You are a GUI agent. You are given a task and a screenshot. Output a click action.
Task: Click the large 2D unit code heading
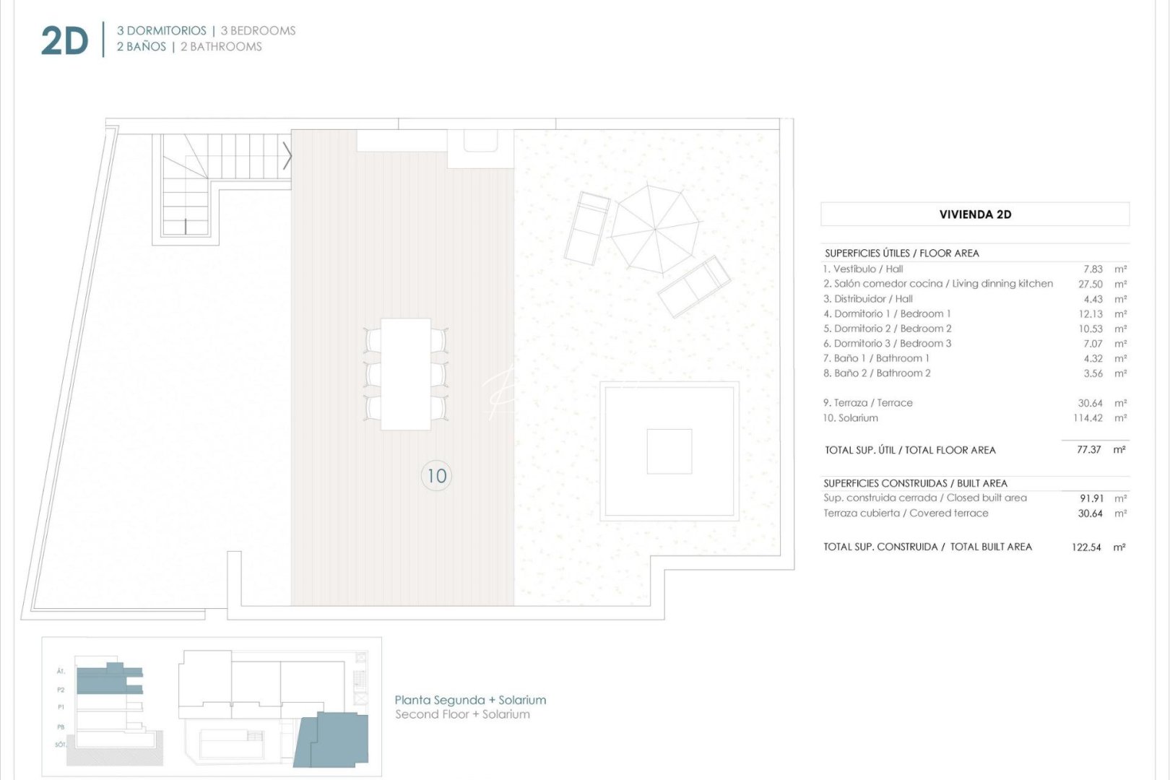[x=64, y=40]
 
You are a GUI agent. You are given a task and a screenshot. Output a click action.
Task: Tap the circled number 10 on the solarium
[x=436, y=476]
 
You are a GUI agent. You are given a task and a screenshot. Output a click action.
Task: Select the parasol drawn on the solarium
[x=655, y=229]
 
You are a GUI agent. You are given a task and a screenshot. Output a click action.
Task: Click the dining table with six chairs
[x=406, y=374]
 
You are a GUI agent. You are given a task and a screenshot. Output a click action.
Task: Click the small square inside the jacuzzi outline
[x=669, y=451]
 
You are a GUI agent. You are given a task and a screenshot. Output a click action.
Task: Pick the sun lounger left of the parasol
[x=586, y=228]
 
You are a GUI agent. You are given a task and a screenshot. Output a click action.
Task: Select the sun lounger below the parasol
[x=694, y=287]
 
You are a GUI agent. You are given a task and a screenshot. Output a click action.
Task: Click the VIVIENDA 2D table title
[x=975, y=214]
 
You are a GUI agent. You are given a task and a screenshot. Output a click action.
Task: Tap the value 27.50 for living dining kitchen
[x=1090, y=284]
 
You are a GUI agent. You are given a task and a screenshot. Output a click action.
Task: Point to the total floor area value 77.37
[x=1088, y=449]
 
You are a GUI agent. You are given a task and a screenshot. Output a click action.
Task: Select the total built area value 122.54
[x=1086, y=547]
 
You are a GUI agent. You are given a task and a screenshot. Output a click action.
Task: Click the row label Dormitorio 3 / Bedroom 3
[x=888, y=344]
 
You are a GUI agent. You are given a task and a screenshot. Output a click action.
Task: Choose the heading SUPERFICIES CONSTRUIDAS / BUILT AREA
[x=915, y=483]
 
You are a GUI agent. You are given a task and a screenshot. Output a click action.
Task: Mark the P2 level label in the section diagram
[x=61, y=690]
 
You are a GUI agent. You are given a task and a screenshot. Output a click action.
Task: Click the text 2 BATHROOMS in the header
[x=221, y=47]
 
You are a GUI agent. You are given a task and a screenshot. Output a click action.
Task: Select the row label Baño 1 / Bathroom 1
[x=876, y=358]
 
